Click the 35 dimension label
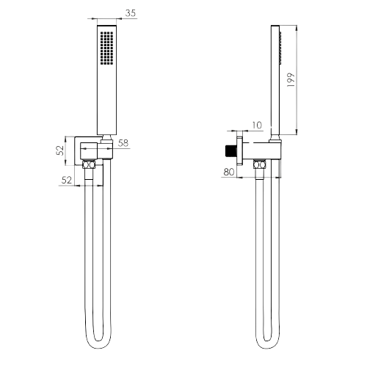click(x=131, y=13)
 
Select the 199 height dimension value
click(x=291, y=80)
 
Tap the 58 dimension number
click(x=123, y=143)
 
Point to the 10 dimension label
click(x=257, y=125)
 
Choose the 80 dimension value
click(x=229, y=172)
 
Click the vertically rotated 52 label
click(x=60, y=150)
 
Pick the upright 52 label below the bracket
click(x=67, y=180)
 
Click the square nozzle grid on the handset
click(x=106, y=48)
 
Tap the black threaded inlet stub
click(x=230, y=150)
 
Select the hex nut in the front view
click(x=89, y=164)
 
